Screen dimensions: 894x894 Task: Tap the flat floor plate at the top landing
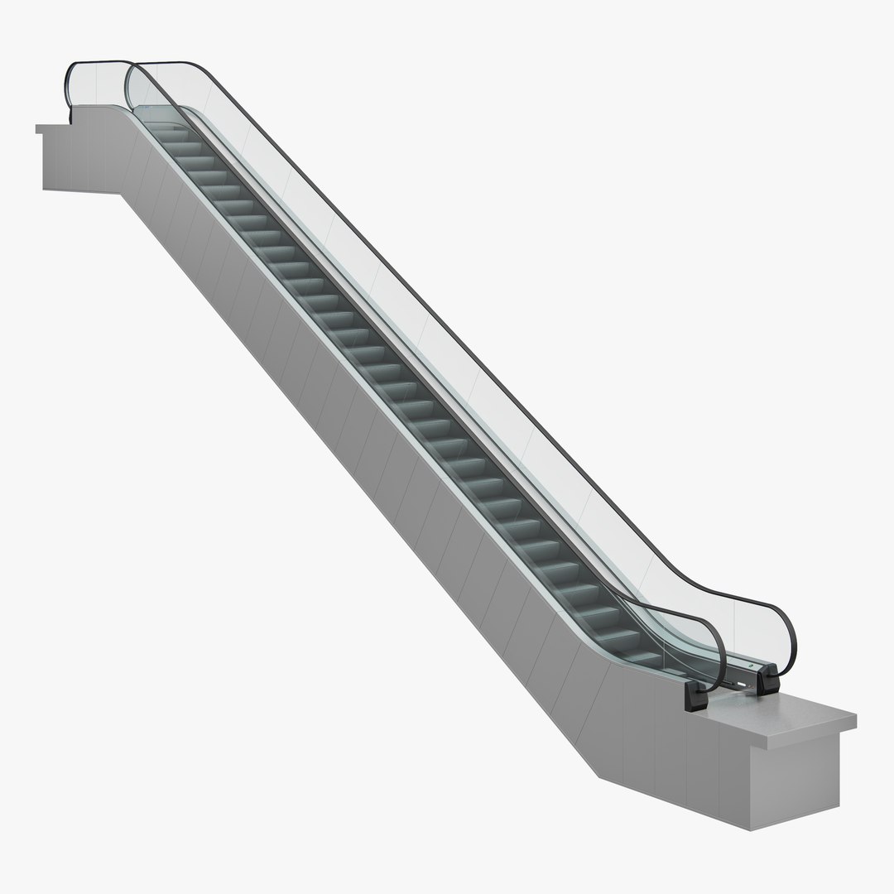point(149,112)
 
